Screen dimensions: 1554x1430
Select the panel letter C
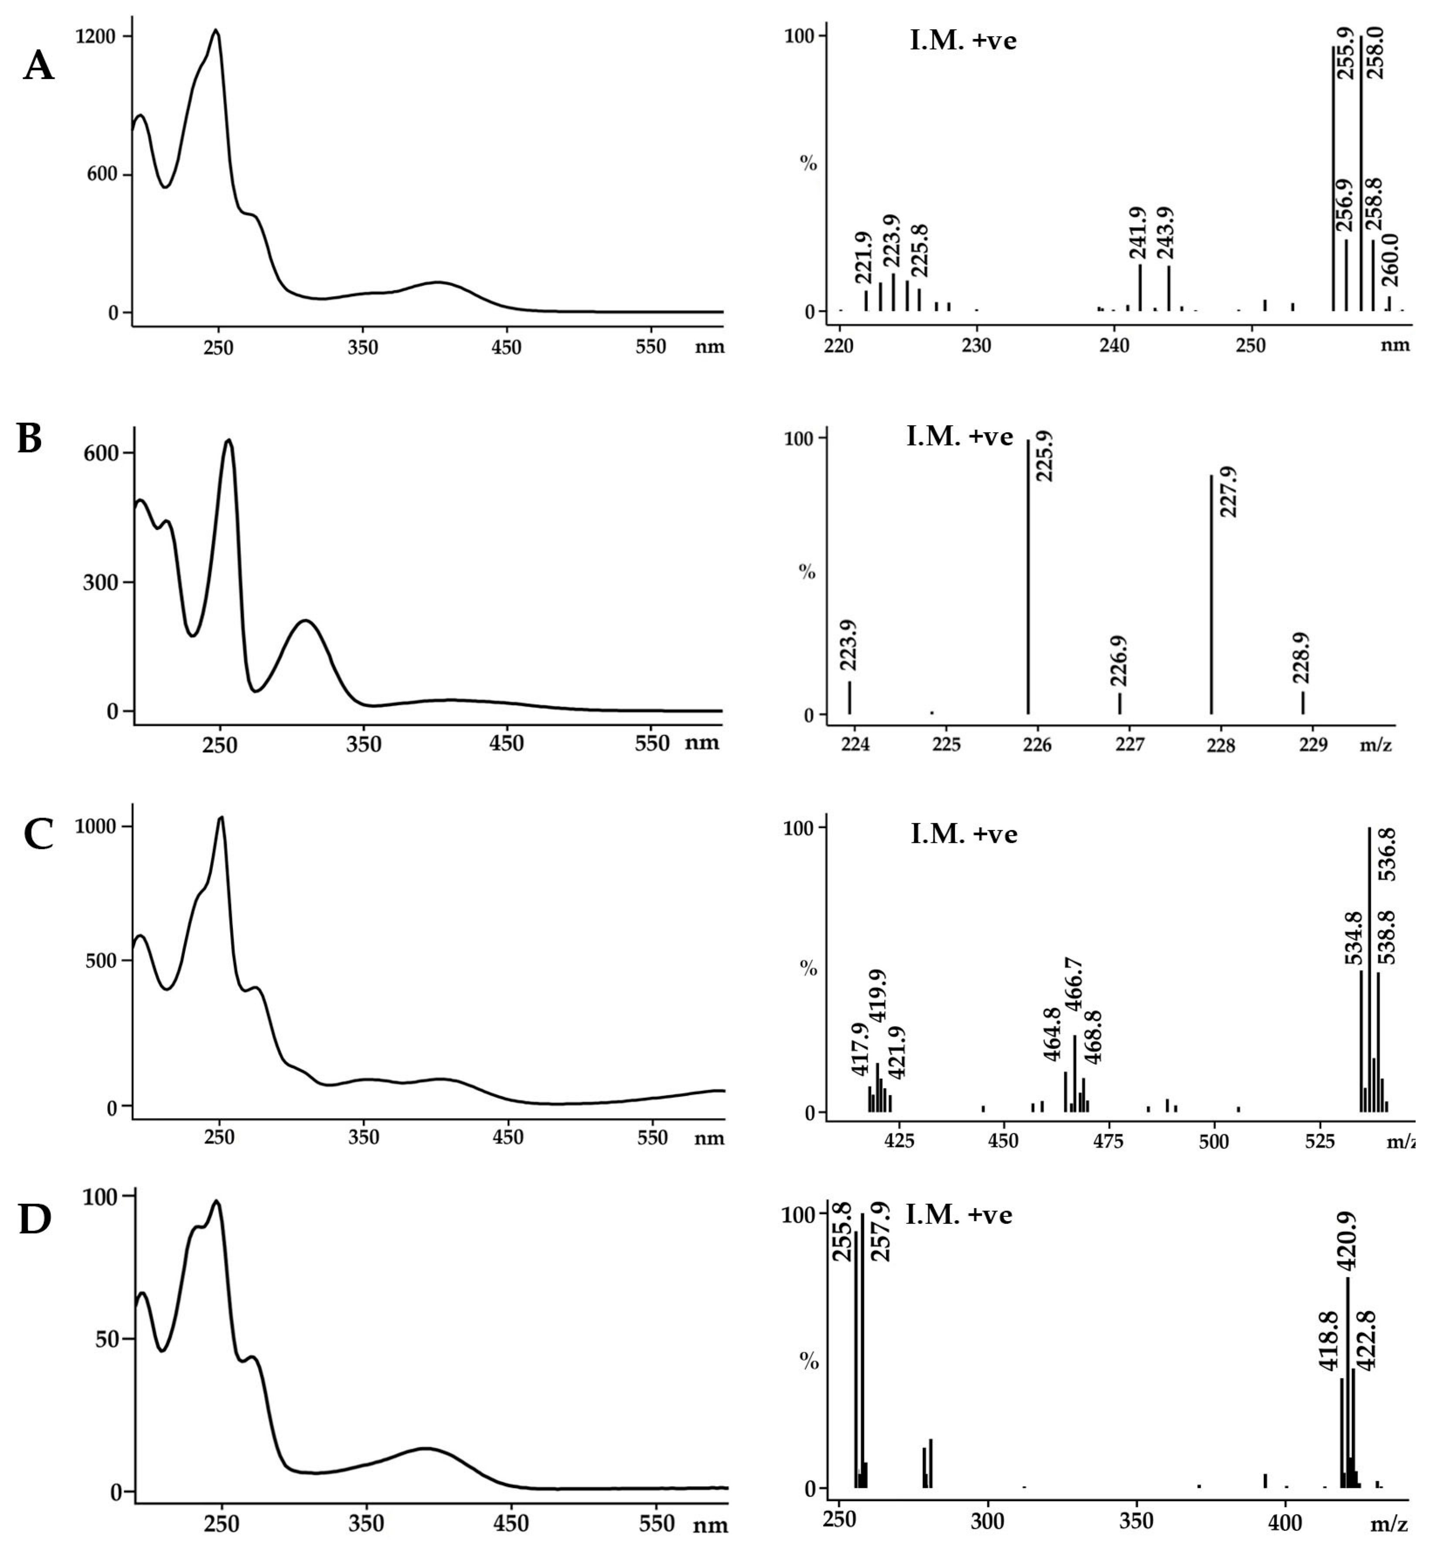[39, 834]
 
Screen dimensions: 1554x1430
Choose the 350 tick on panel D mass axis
[1137, 1521]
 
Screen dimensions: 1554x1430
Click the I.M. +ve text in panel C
[964, 834]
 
